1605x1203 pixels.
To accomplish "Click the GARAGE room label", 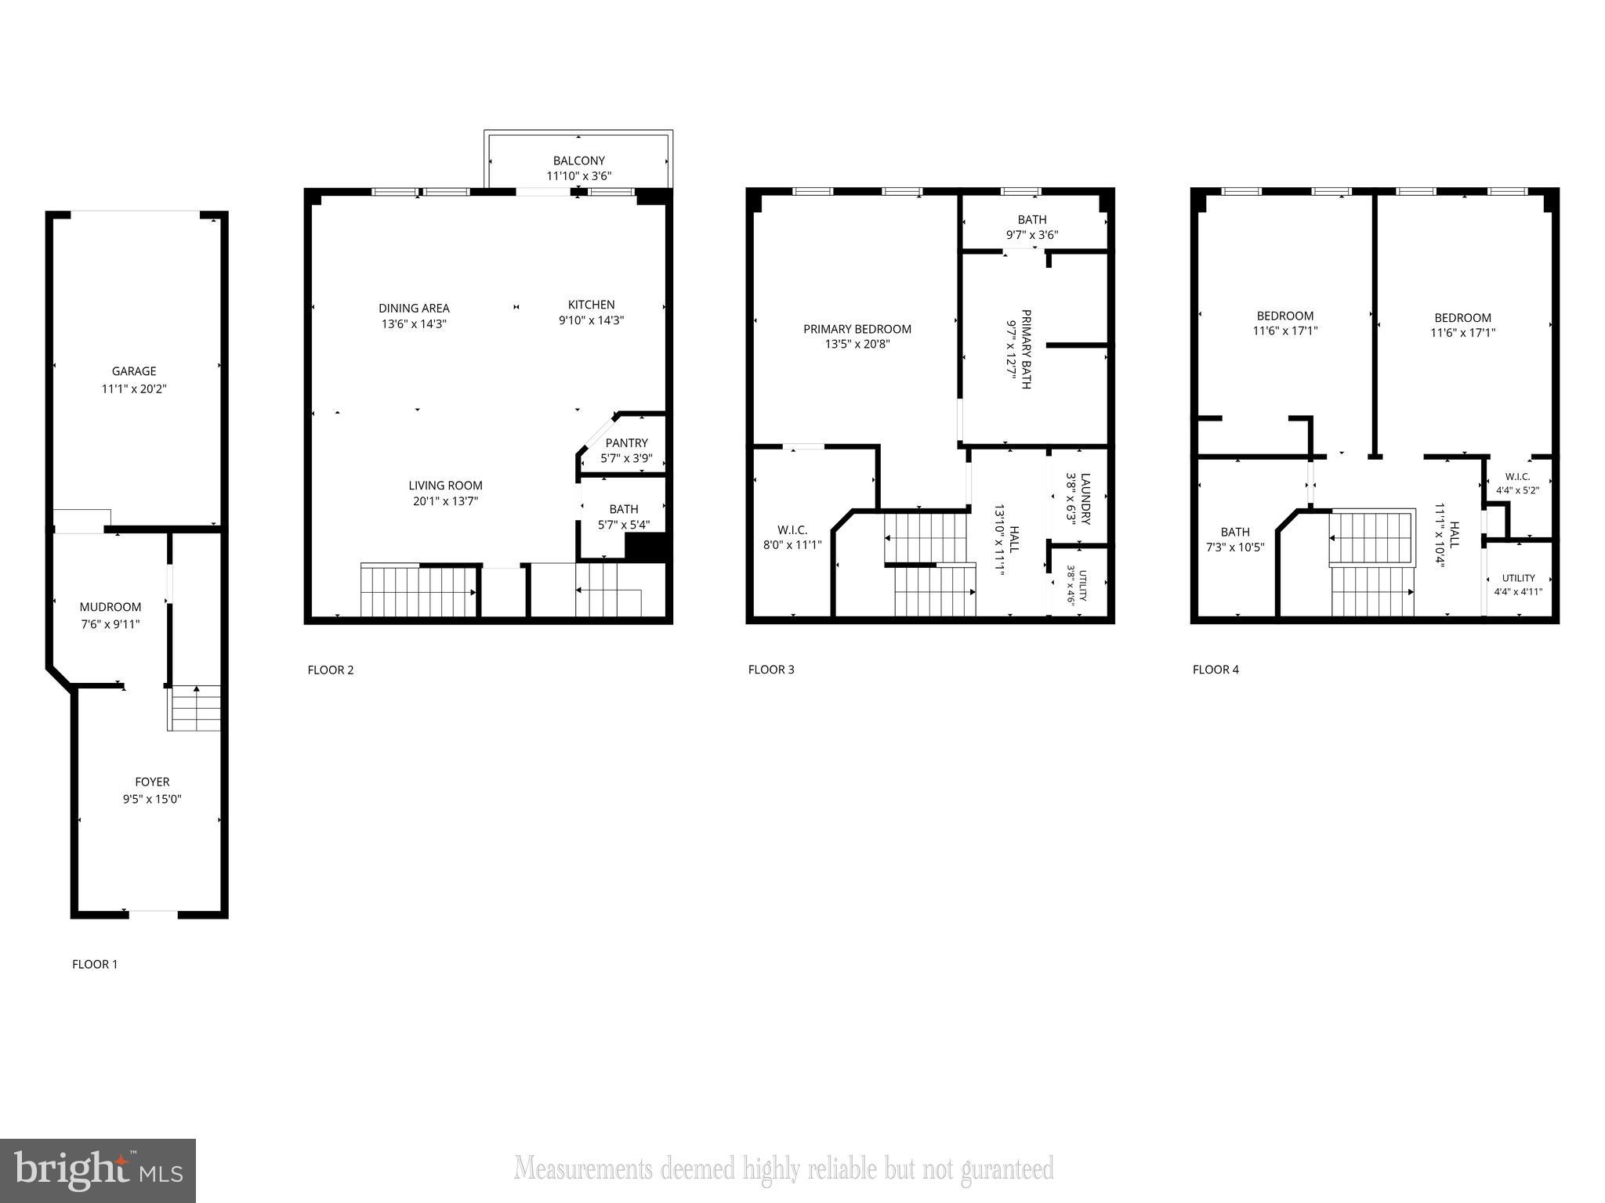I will pos(134,371).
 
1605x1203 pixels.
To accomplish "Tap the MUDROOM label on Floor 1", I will pos(111,607).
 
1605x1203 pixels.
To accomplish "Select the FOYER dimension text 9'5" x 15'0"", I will pos(152,799).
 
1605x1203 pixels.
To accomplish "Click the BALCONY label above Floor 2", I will pos(578,161).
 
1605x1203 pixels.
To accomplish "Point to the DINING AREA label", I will pos(414,308).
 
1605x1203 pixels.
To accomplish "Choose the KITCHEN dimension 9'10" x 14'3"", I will pos(591,320).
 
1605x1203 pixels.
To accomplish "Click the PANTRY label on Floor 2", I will pos(626,443).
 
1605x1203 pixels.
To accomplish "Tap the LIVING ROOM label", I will pos(445,486).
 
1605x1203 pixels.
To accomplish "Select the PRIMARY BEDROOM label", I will pos(857,329).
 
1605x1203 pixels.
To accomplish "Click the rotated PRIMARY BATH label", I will pos(1025,349).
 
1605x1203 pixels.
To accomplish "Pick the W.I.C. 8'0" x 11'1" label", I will pos(792,537).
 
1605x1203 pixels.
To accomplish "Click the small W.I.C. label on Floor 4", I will pos(1517,476).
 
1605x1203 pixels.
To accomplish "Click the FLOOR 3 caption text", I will pos(771,669).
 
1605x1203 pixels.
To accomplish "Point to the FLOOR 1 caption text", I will pos(95,964).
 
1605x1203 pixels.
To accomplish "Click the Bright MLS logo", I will pos(98,1170).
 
